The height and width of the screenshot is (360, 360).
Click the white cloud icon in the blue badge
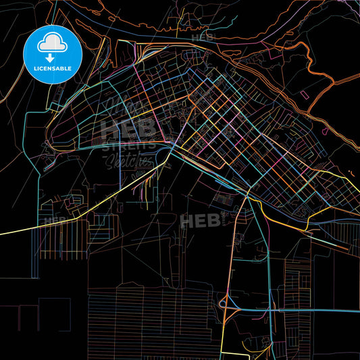pyautogui.click(x=52, y=43)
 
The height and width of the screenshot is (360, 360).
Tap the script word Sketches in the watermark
pyautogui.click(x=127, y=160)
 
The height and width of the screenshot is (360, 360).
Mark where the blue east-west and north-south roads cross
pyautogui.click(x=274, y=310)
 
